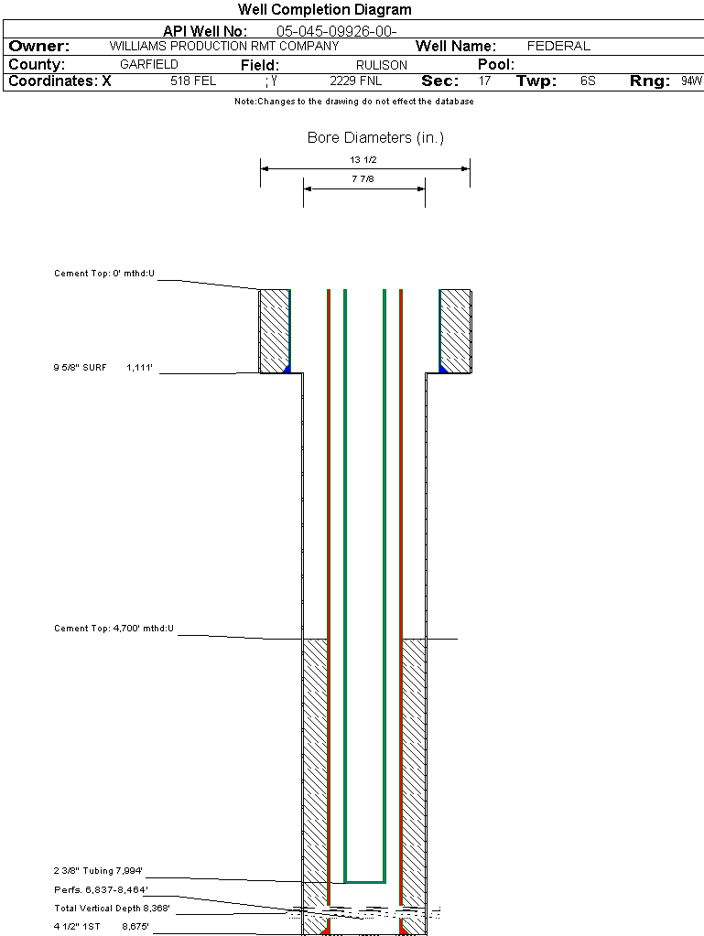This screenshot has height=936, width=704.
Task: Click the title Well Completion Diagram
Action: (x=324, y=10)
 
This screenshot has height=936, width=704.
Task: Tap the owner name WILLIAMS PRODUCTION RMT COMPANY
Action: (x=223, y=46)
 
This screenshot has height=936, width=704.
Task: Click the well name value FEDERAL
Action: (x=558, y=46)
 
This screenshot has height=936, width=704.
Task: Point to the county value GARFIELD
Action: (x=149, y=65)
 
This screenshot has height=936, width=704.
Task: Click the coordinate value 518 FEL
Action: (x=193, y=81)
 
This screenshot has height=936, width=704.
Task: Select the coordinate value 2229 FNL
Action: (x=356, y=81)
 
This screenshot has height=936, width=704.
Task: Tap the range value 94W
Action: (x=691, y=81)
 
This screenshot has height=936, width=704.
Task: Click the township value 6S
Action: (x=588, y=81)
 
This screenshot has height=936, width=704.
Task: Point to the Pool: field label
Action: (x=496, y=65)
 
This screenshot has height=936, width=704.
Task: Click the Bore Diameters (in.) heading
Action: (x=375, y=138)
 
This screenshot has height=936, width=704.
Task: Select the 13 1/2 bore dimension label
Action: (x=364, y=159)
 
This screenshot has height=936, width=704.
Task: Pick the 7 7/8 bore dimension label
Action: (x=363, y=179)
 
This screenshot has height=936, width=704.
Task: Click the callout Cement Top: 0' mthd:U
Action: (x=104, y=274)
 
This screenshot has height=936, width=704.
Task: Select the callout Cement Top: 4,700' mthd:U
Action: (x=114, y=629)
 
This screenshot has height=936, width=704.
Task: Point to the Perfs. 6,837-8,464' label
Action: (x=101, y=889)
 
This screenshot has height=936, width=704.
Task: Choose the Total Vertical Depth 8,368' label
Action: (x=112, y=908)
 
